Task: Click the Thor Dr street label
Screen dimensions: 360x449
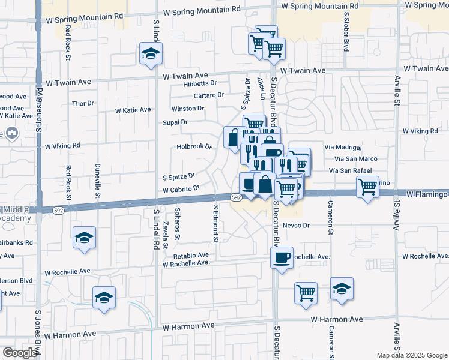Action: (x=83, y=103)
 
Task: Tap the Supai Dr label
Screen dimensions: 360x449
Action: (x=175, y=122)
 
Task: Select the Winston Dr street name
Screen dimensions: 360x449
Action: (x=188, y=109)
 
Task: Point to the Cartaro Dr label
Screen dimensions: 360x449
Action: (x=208, y=95)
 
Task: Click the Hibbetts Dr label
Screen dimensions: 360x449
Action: (x=200, y=83)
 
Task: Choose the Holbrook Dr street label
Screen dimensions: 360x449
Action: (x=195, y=146)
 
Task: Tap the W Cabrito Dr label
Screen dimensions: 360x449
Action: (x=181, y=190)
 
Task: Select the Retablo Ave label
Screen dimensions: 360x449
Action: (x=191, y=254)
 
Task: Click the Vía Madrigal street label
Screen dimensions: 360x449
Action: (x=342, y=148)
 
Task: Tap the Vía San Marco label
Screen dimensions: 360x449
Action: (x=342, y=159)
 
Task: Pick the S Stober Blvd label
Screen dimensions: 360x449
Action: (x=346, y=31)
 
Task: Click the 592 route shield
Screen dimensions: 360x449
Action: (x=236, y=197)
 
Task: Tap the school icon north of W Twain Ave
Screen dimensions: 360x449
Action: (x=150, y=53)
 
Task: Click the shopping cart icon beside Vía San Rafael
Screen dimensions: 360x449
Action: (x=367, y=186)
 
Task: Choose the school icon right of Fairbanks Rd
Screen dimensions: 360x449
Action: (x=85, y=238)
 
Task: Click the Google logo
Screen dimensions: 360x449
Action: (x=20, y=353)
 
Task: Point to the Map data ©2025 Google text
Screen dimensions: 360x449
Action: (x=412, y=355)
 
